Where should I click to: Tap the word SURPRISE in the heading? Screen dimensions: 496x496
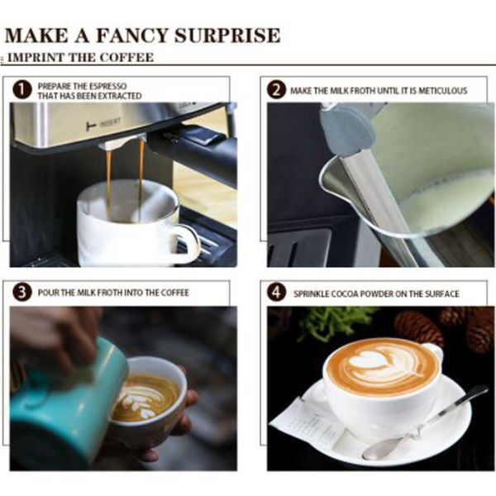pyautogui.click(x=227, y=35)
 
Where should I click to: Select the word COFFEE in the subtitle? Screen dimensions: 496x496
pyautogui.click(x=126, y=57)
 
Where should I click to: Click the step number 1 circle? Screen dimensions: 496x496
pyautogui.click(x=22, y=90)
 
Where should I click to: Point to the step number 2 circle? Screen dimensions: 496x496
pyautogui.click(x=276, y=90)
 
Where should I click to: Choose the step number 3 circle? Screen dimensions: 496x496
pyautogui.click(x=22, y=293)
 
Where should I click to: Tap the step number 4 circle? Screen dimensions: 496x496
pyautogui.click(x=276, y=293)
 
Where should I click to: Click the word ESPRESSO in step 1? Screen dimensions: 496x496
pyautogui.click(x=107, y=86)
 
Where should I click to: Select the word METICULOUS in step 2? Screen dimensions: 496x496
pyautogui.click(x=443, y=91)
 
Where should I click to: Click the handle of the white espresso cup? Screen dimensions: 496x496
pyautogui.click(x=188, y=242)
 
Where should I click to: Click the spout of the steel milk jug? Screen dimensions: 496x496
pyautogui.click(x=332, y=171)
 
